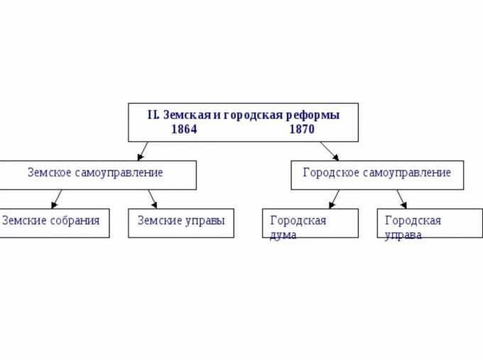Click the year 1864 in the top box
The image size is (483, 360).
(184, 129)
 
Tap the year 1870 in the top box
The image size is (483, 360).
(302, 129)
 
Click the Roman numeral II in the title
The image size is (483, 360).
(153, 114)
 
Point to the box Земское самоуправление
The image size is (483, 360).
(97, 175)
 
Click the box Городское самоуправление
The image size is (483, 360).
(376, 175)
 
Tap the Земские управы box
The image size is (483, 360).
(180, 222)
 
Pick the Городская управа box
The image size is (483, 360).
(429, 223)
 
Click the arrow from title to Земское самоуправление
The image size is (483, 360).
(143, 150)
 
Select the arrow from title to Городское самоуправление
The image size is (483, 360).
(330, 151)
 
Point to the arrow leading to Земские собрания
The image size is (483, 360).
(55, 199)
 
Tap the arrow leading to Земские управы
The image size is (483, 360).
(152, 199)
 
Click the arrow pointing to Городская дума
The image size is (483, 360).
(334, 199)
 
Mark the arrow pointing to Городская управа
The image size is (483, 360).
(401, 199)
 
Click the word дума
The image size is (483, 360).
(283, 234)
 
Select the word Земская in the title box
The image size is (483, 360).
(187, 114)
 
